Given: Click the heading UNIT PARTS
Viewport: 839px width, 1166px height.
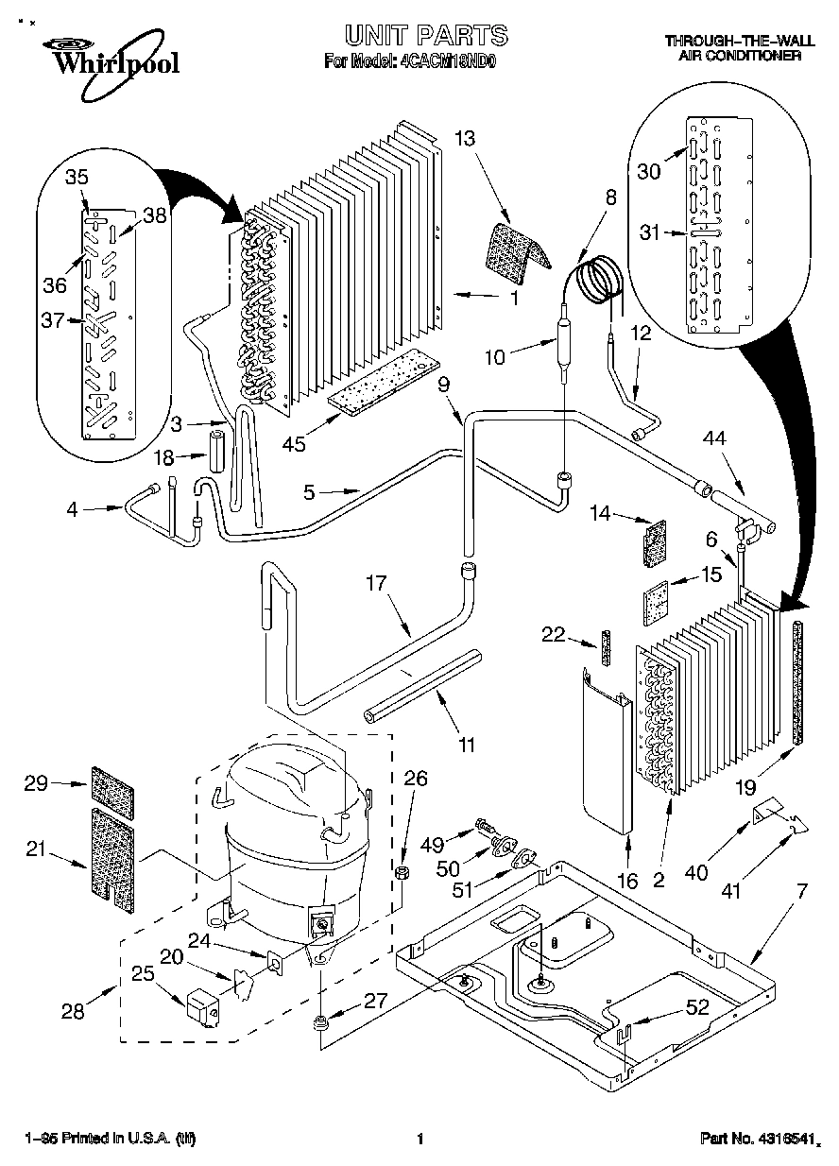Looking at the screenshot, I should tap(425, 36).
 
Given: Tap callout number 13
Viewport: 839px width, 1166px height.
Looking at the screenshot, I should tap(464, 138).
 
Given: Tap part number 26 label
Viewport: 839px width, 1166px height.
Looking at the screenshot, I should tap(417, 780).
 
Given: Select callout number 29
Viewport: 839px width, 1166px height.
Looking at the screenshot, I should tap(35, 783).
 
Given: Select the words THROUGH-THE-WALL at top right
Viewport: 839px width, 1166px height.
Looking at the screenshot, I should tap(732, 42).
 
